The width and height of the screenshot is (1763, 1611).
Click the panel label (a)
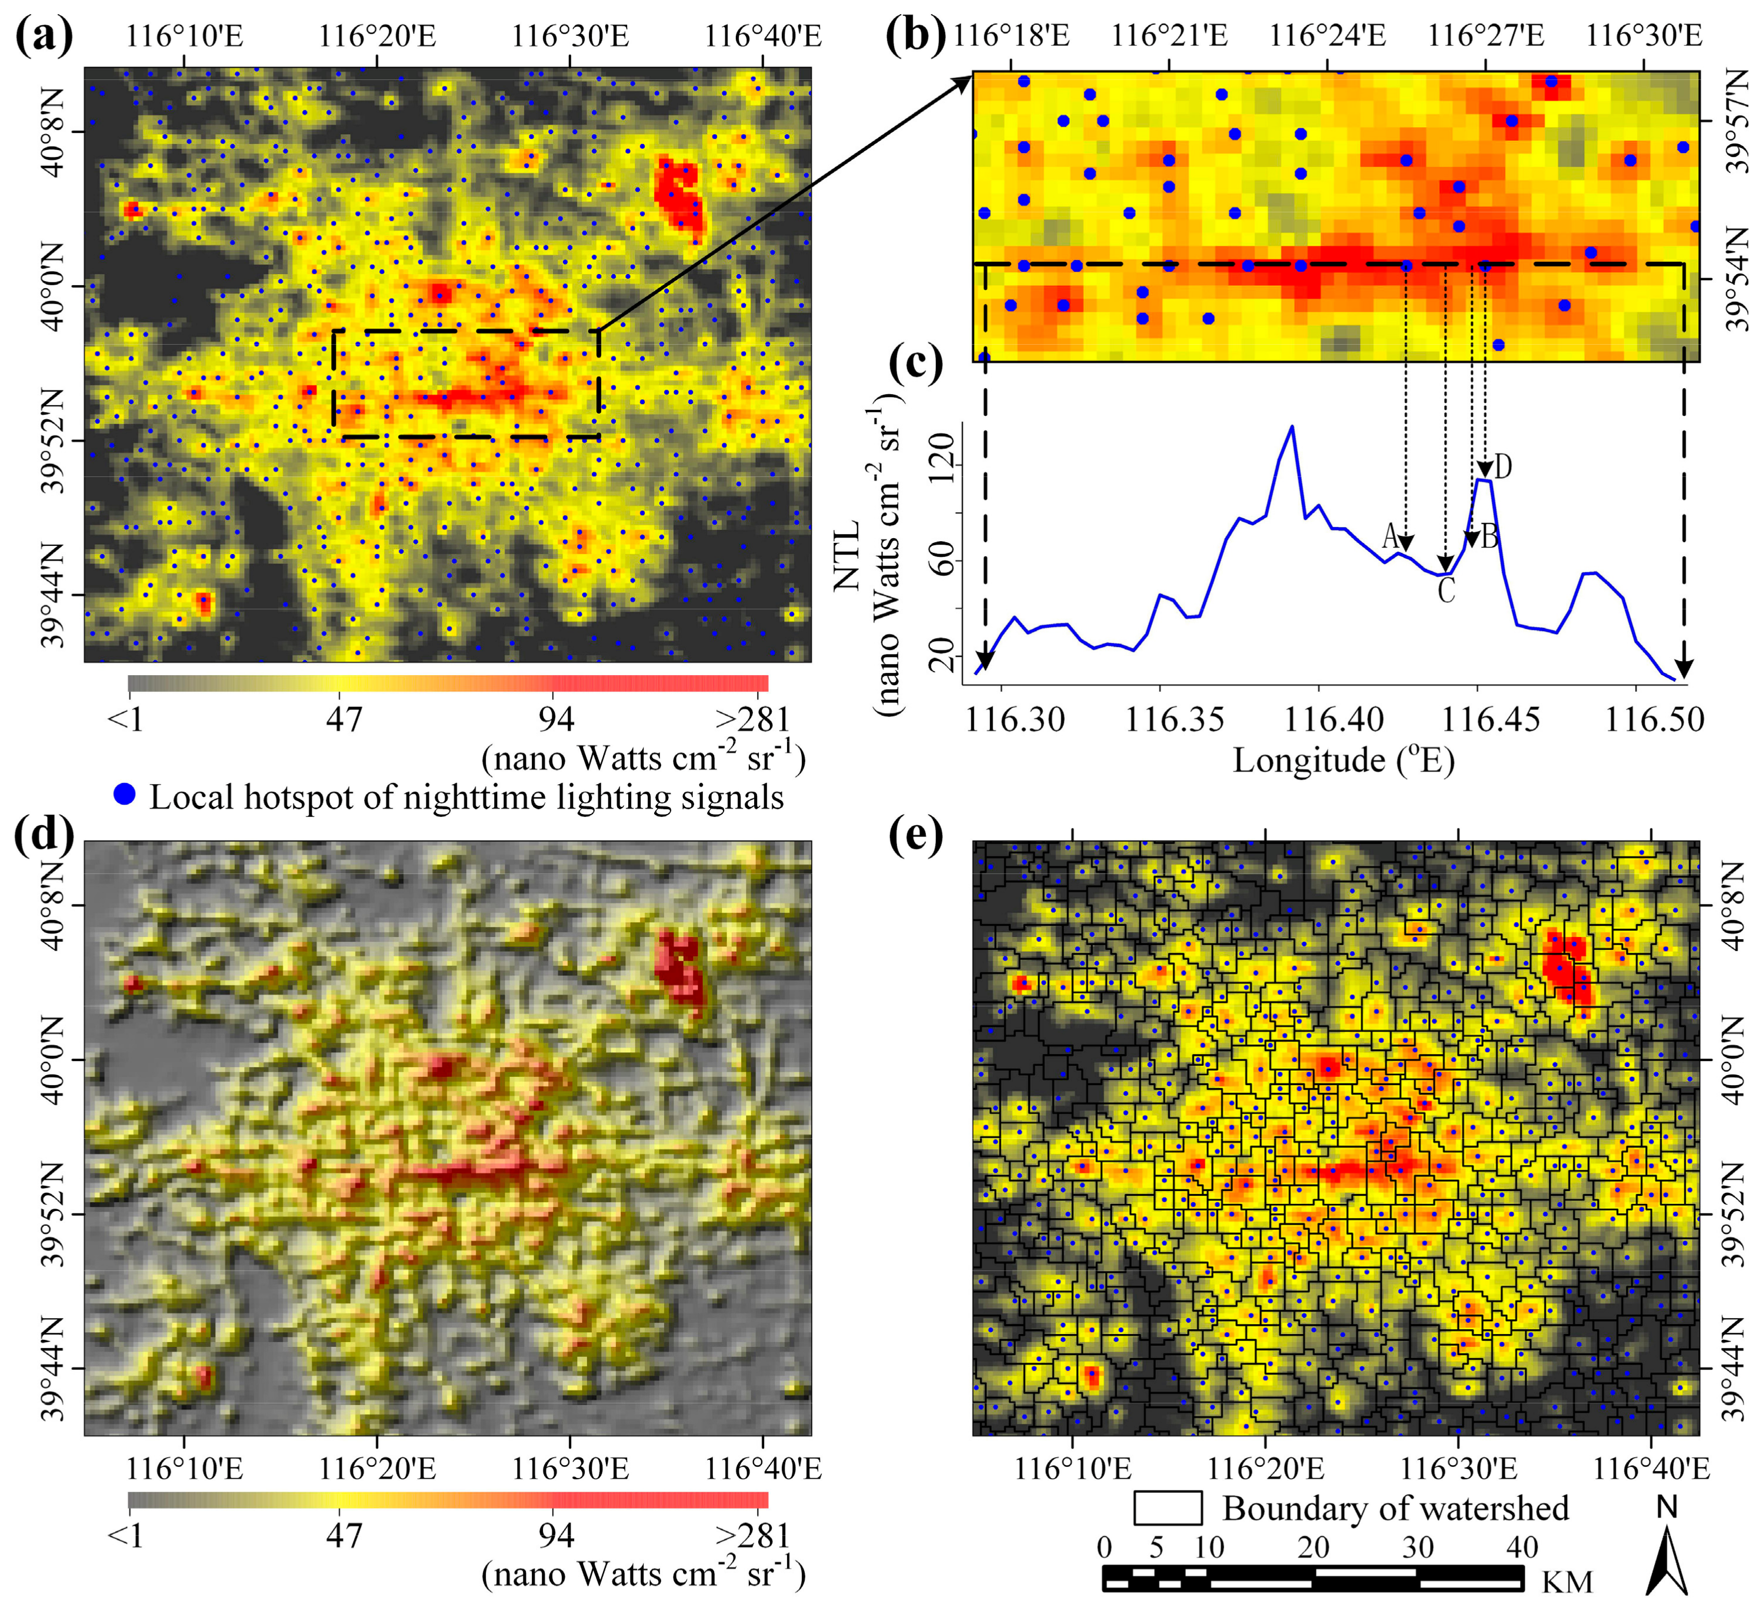point(44,36)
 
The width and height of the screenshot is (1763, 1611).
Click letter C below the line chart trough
point(1447,591)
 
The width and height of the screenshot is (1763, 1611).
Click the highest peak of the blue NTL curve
point(1292,427)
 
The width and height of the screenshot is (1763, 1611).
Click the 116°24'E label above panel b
point(1328,36)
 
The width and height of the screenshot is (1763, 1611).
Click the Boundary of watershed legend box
point(1168,1508)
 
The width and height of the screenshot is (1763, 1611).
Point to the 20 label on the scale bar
point(1314,1546)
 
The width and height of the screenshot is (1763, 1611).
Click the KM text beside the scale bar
point(1567,1581)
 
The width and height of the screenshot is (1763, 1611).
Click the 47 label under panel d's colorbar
point(344,1535)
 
